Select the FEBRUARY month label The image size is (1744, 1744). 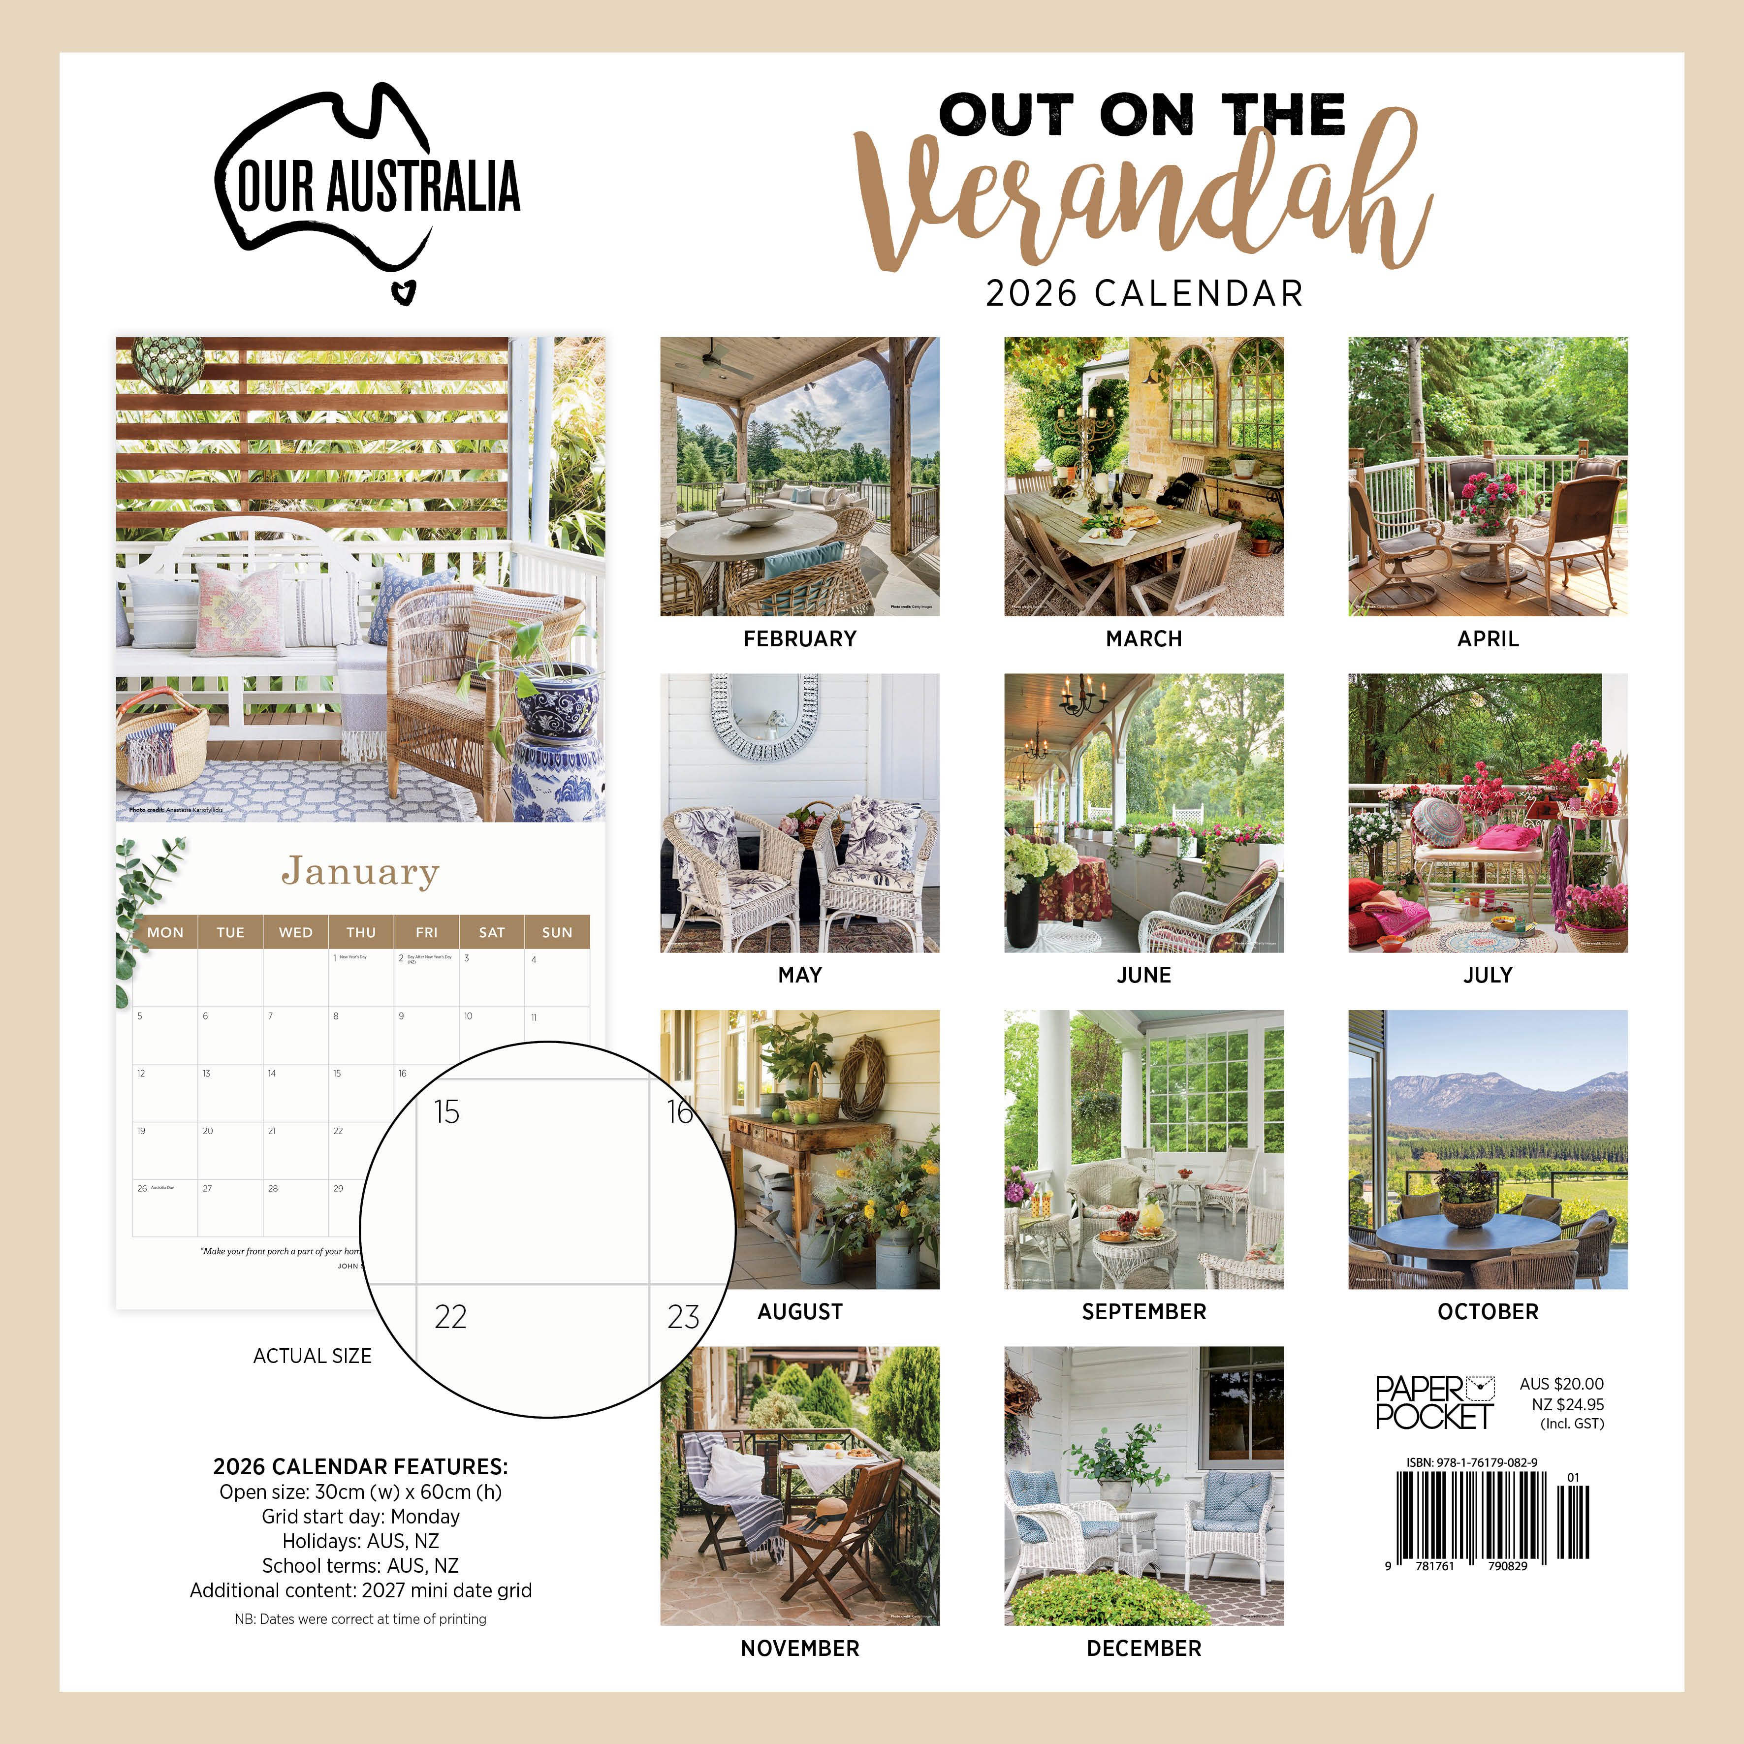tap(800, 639)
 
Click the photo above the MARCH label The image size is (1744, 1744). tap(1143, 476)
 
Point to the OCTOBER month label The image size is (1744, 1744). tap(1488, 1312)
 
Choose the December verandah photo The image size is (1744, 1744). tap(1143, 1486)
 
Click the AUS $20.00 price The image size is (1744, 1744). tap(1562, 1384)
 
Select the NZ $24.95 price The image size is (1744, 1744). tap(1568, 1404)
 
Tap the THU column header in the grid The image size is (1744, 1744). tap(361, 932)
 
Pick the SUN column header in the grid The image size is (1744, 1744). tap(557, 932)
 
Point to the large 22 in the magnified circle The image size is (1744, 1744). tap(450, 1317)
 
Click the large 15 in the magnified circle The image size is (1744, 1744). tap(447, 1112)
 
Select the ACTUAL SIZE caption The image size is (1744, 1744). tap(313, 1356)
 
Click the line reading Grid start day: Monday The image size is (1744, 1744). tap(360, 1517)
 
